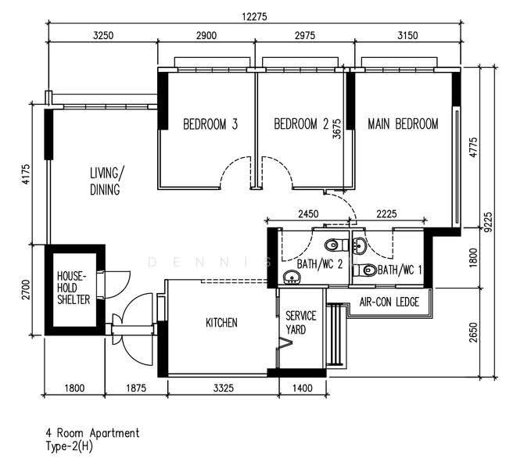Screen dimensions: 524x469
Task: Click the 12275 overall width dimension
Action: pyautogui.click(x=255, y=16)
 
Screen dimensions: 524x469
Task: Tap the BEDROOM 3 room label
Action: pyautogui.click(x=210, y=124)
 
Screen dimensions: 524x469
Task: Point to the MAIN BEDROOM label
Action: pyautogui.click(x=403, y=124)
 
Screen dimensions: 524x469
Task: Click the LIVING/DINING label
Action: pyautogui.click(x=106, y=181)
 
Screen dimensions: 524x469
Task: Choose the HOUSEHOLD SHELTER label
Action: pyautogui.click(x=74, y=288)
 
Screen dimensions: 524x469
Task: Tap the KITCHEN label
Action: pyautogui.click(x=221, y=323)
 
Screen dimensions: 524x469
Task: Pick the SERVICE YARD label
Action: pyautogui.click(x=300, y=323)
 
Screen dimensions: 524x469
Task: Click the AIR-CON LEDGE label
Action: pyautogui.click(x=389, y=303)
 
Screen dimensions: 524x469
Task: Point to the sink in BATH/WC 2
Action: pyautogui.click(x=292, y=277)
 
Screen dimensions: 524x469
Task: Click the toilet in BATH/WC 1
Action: pyautogui.click(x=364, y=270)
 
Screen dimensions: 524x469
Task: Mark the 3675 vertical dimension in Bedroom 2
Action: pyautogui.click(x=337, y=129)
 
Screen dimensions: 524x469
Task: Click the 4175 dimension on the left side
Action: pyautogui.click(x=26, y=174)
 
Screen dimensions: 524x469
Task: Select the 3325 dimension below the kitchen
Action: pyautogui.click(x=223, y=388)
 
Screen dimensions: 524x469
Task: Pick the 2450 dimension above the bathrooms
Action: pyautogui.click(x=308, y=214)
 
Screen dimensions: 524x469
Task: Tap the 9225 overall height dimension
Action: pyautogui.click(x=488, y=222)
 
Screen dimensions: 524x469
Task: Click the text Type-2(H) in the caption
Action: pyautogui.click(x=69, y=446)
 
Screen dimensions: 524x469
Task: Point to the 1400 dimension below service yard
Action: pyautogui.click(x=302, y=388)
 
